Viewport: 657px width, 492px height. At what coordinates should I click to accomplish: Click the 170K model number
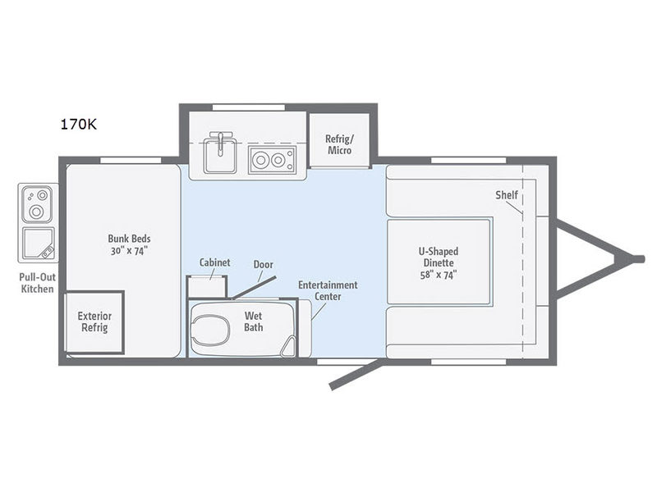point(79,125)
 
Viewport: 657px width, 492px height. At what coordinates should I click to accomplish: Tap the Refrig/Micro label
point(339,144)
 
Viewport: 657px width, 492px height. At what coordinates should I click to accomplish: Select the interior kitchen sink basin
point(220,156)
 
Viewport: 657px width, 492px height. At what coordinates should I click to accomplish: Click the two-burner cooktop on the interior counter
point(272,159)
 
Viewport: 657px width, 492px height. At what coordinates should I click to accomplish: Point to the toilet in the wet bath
point(211,330)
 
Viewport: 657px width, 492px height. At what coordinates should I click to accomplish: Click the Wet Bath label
point(254,321)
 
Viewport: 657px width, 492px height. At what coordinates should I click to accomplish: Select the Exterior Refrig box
point(94,322)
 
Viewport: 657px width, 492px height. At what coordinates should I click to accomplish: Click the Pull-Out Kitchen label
point(37,283)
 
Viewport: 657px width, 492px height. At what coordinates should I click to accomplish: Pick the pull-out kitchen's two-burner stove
point(37,203)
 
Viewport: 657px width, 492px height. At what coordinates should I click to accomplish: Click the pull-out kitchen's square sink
point(38,244)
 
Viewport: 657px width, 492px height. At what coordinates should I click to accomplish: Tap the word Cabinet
point(214,262)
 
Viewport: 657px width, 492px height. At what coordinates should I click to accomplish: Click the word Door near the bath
point(263,264)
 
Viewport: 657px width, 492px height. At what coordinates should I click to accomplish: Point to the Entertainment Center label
point(328,290)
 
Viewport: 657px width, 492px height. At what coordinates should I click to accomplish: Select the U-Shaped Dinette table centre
point(439,262)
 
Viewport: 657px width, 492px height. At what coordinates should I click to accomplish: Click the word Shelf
point(507,195)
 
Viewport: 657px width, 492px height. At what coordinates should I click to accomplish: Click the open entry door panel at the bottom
point(356,374)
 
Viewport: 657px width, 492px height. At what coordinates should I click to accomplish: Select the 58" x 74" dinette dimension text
point(439,275)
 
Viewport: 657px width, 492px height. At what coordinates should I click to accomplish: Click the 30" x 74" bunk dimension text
point(129,251)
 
